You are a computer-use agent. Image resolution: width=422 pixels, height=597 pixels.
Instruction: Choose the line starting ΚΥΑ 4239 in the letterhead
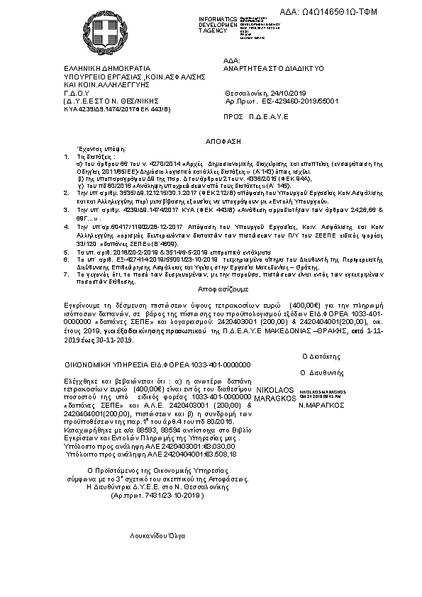pyautogui.click(x=117, y=110)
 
